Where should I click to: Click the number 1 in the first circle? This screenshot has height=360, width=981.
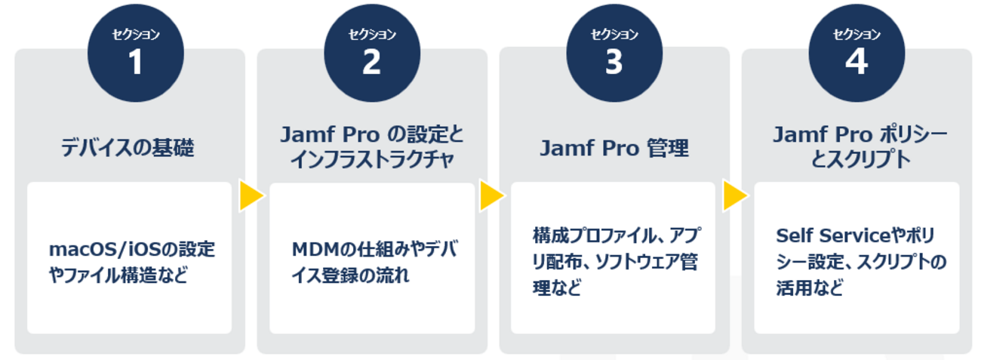coord(135,62)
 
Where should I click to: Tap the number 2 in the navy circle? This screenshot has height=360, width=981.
coord(371,62)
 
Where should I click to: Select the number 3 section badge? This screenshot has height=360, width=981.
coord(614,62)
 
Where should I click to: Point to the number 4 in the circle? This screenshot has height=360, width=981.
coord(856,62)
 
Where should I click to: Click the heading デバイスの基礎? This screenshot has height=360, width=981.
coord(128,148)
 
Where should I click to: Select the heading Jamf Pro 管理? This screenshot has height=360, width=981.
coord(614,148)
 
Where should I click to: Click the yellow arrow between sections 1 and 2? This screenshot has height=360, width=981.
coord(251,197)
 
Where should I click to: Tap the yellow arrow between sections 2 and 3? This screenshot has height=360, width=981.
coord(492,197)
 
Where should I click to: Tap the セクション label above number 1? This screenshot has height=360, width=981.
coord(135,34)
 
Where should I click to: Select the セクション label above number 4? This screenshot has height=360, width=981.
coord(856,34)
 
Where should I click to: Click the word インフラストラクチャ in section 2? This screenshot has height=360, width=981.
coord(371,161)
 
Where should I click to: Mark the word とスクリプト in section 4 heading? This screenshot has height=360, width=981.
coord(856,161)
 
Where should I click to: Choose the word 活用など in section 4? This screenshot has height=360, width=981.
coord(809,288)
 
